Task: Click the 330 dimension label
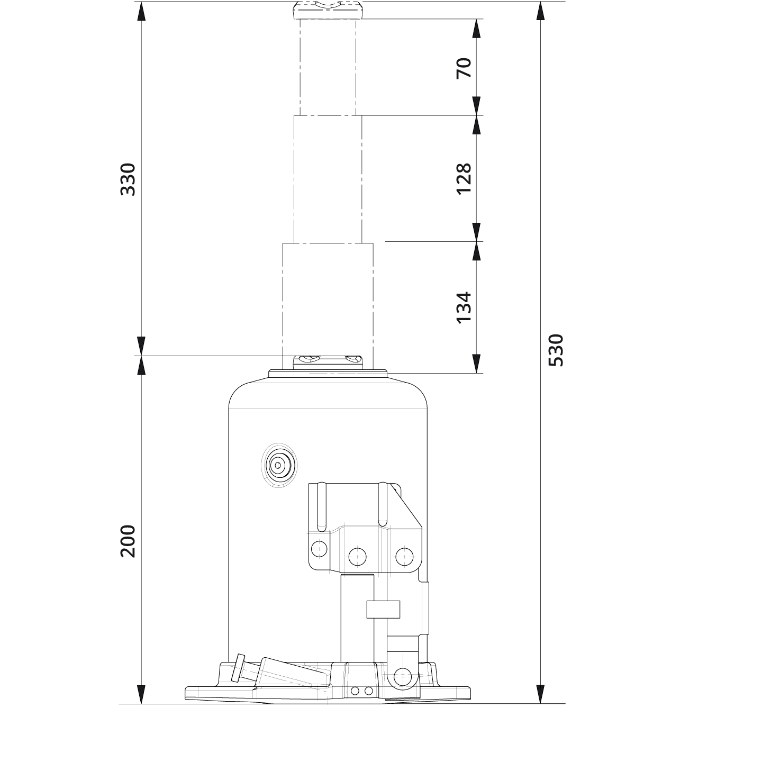click(x=128, y=179)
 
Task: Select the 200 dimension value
click(x=128, y=541)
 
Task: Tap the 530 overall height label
click(x=556, y=350)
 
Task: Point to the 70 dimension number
click(x=464, y=67)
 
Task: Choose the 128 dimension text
click(x=464, y=178)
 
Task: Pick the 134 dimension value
click(x=464, y=307)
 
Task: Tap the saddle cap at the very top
click(x=328, y=10)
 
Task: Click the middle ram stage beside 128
click(x=328, y=178)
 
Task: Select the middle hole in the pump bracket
click(x=358, y=555)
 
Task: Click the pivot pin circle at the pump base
click(x=403, y=676)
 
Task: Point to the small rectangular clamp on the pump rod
click(x=383, y=610)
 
